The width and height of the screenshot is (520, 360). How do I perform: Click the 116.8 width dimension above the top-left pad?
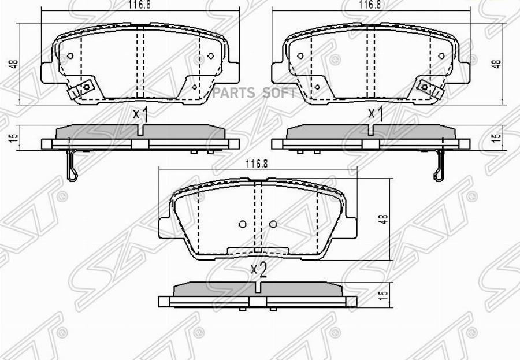point(140,5)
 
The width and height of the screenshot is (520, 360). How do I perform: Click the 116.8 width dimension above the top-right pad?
point(370,5)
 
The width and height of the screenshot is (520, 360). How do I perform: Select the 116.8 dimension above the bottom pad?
point(257,164)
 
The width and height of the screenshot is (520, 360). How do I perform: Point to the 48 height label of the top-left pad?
point(14,64)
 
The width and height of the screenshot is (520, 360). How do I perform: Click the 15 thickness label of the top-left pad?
point(13,138)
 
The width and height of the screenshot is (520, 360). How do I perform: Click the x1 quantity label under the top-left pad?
point(140,114)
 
